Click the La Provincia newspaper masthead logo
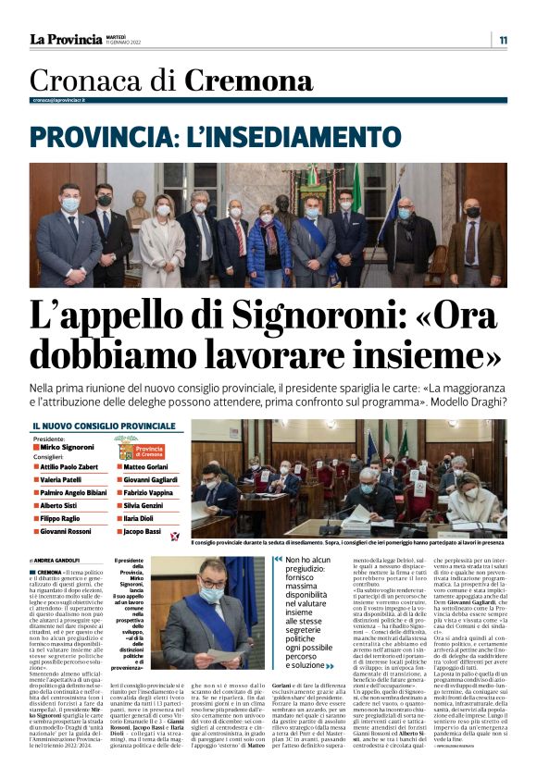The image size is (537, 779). coord(66,39)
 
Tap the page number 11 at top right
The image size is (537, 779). coord(503,40)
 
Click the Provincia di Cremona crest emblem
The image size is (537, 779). coord(126,450)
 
